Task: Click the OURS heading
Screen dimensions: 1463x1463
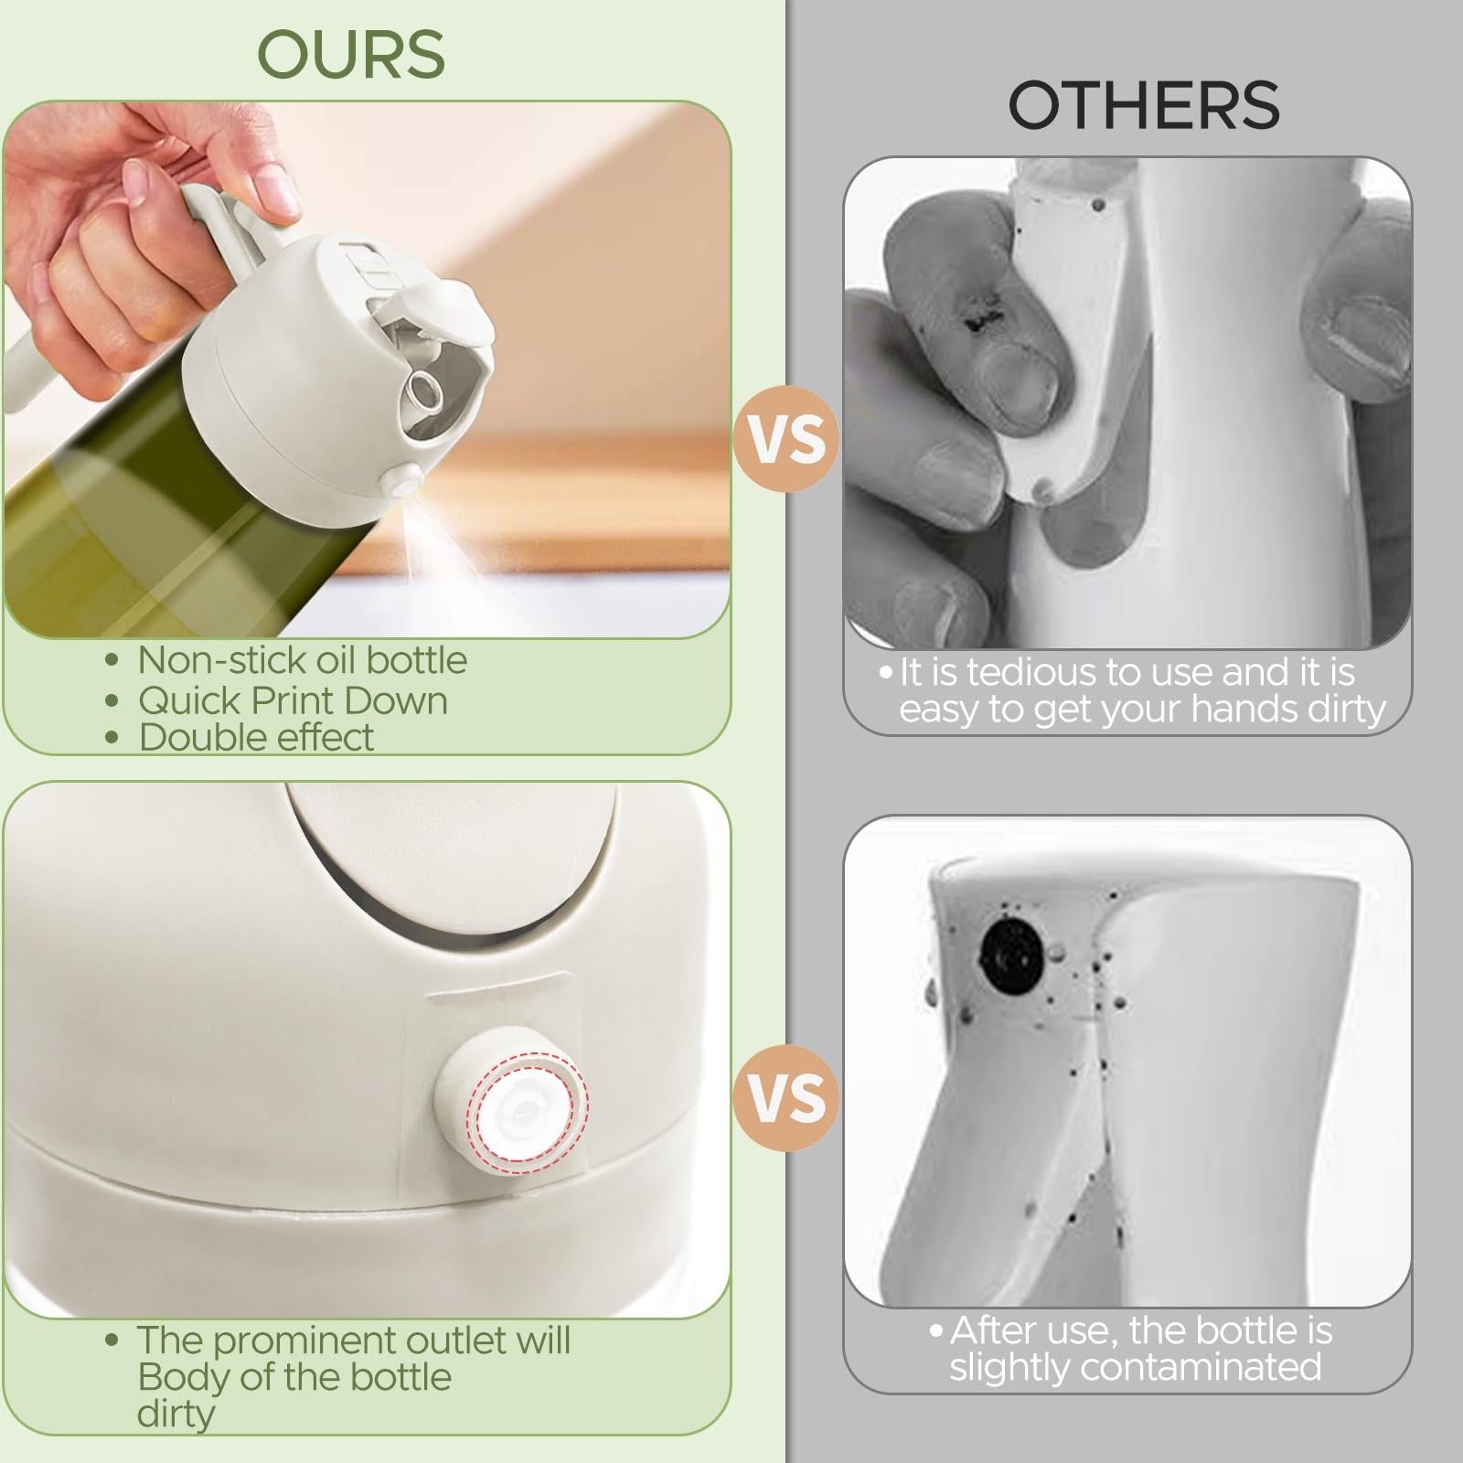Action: click(351, 55)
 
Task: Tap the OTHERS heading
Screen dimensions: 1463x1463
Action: click(1143, 104)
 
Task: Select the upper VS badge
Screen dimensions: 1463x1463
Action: click(786, 439)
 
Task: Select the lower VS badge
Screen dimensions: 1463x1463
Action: click(786, 1097)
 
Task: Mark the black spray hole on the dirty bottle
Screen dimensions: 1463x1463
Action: click(1011, 956)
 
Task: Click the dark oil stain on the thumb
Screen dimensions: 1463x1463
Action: click(977, 315)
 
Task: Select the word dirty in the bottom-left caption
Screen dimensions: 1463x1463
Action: click(176, 1415)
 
